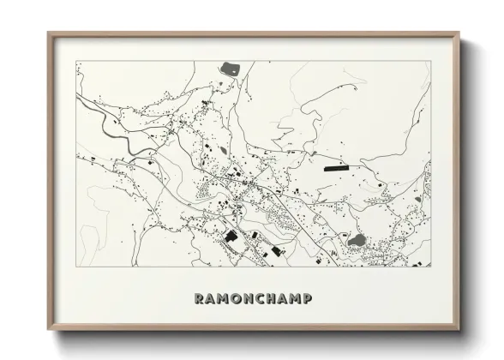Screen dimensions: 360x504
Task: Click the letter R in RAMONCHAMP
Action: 200,299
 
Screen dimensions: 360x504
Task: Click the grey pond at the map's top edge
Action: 229,67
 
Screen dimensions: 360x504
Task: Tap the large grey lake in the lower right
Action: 356,241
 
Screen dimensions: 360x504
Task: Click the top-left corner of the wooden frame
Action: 49,33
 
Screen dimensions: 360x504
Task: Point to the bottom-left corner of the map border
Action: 76,266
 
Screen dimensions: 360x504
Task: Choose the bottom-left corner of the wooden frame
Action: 49,330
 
